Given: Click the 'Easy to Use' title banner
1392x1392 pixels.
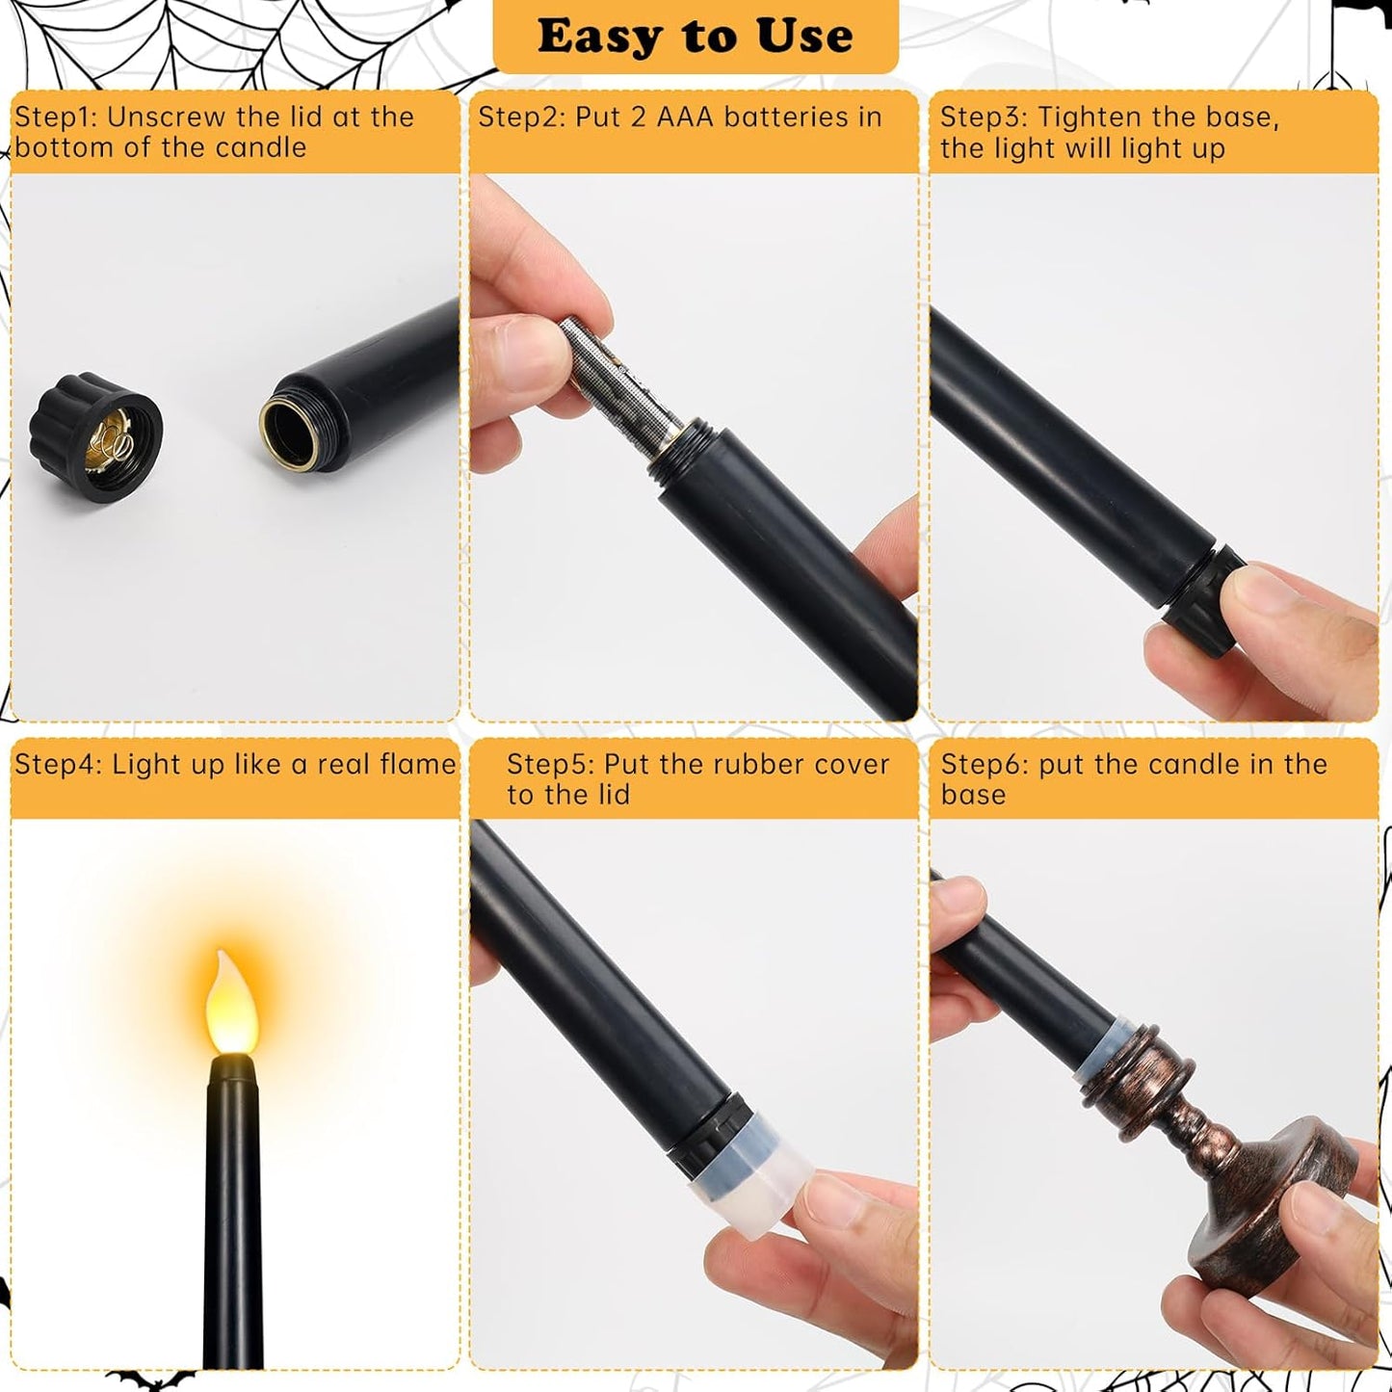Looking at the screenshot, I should tap(695, 37).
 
